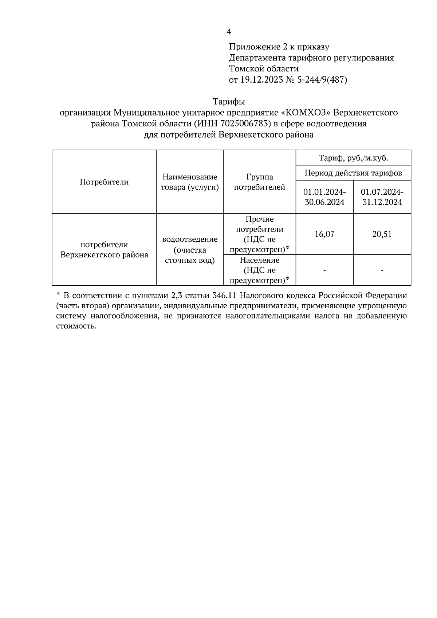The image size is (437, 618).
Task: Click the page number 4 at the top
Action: click(229, 32)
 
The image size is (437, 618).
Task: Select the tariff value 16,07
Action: click(324, 234)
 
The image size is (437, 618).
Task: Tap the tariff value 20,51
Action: click(382, 234)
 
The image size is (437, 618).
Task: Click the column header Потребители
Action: click(104, 182)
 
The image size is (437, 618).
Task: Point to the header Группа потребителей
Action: click(259, 182)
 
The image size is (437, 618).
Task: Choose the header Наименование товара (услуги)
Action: click(190, 182)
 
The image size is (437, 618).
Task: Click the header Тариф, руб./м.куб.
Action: click(353, 158)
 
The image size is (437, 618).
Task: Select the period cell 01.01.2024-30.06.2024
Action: click(324, 197)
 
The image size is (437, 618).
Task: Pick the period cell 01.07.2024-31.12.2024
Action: click(382, 197)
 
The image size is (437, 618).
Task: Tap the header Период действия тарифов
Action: click(353, 173)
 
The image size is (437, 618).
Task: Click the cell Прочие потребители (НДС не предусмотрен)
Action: click(259, 234)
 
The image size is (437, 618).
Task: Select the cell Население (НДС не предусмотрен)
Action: click(259, 270)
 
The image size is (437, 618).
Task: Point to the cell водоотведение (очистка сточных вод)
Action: click(190, 250)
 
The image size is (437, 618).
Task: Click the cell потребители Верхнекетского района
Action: click(104, 250)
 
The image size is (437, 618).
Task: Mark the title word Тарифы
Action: click(229, 101)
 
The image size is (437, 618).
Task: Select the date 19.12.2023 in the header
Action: click(261, 80)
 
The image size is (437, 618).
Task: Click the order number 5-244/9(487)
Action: click(322, 80)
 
